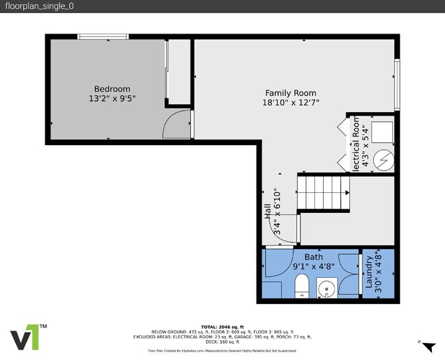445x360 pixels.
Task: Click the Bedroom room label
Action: pos(112,89)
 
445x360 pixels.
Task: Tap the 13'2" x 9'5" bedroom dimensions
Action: pos(112,99)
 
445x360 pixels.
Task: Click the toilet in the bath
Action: pos(302,287)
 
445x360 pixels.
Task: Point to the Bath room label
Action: pos(304,257)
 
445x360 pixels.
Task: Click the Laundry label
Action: pos(370,272)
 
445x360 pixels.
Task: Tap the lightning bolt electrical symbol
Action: pos(384,159)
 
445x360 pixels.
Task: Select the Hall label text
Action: pos(268,212)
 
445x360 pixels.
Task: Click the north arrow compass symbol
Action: pos(429,347)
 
